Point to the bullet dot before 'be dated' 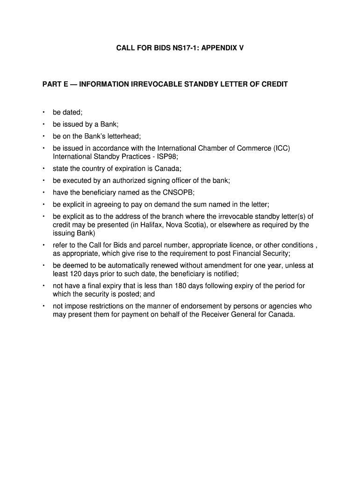tap(43, 112)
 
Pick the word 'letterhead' tap(122, 137)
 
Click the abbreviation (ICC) tap(281, 149)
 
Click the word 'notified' tap(225, 274)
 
